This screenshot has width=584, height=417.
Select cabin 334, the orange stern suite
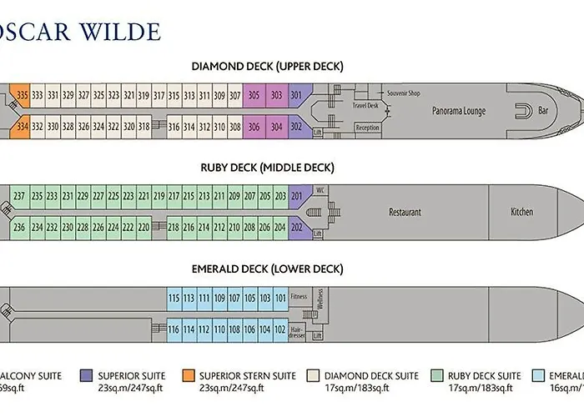(23, 127)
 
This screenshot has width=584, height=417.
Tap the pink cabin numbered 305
(254, 96)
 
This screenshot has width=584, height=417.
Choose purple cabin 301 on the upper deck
(296, 96)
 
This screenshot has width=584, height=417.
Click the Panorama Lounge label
(459, 111)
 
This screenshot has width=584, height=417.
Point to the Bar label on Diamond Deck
(544, 111)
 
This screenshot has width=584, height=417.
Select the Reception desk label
(367, 128)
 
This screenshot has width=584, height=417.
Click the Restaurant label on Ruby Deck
(405, 212)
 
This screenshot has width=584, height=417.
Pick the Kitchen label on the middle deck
(521, 212)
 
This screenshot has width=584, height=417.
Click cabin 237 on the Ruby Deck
(19, 197)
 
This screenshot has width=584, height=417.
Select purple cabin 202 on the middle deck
(296, 228)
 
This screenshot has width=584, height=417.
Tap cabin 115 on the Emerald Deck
(174, 298)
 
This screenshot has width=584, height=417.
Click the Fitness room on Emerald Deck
(299, 297)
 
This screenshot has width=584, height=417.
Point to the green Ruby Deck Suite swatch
(439, 376)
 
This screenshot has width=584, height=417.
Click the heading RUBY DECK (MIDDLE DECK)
(267, 168)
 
